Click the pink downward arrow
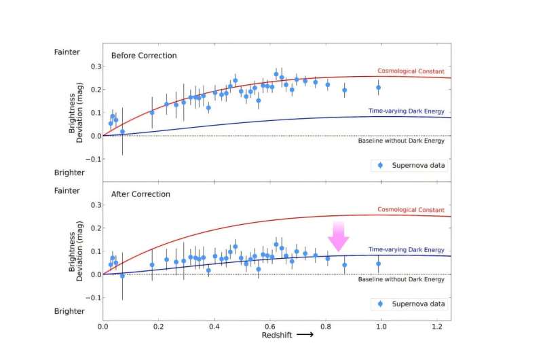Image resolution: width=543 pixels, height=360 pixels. (x=338, y=236)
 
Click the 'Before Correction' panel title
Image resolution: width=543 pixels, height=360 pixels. (x=144, y=55)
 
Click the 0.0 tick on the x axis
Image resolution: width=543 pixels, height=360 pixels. (x=103, y=326)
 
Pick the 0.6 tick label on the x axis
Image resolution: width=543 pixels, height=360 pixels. (x=270, y=326)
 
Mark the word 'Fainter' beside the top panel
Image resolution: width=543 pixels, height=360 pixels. (x=67, y=52)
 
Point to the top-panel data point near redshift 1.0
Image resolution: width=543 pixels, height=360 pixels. (x=378, y=87)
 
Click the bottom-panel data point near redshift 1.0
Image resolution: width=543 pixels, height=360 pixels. (x=378, y=263)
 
